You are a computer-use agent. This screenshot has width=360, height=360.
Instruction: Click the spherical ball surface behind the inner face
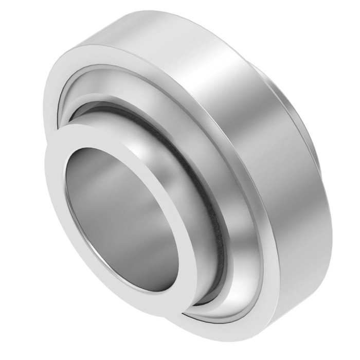(170, 149)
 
